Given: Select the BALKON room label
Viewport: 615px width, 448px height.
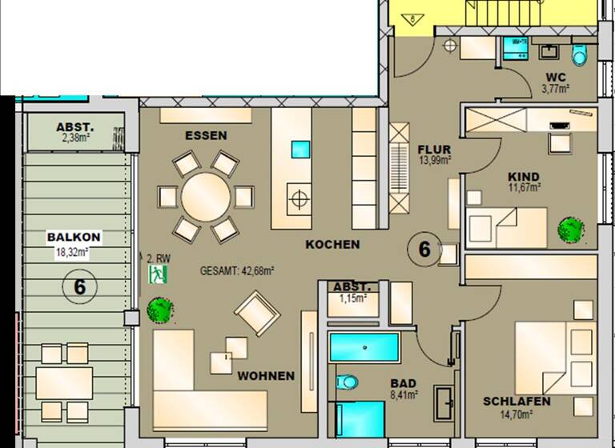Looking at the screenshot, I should point(73,237).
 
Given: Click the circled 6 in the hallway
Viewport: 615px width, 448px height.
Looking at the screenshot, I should point(424,250).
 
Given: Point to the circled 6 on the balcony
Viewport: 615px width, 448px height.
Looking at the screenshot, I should point(79,286).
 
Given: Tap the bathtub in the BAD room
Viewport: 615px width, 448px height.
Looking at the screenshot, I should point(364,348).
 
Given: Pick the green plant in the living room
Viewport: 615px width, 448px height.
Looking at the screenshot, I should point(158,310).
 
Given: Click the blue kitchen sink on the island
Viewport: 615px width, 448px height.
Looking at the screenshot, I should point(300,150).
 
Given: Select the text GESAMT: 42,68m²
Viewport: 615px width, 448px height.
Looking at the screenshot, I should point(237,271).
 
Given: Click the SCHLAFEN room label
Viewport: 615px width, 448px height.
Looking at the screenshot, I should point(517,401).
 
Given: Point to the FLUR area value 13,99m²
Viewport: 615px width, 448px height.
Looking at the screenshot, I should point(435,160).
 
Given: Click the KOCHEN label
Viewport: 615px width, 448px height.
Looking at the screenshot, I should point(332,245).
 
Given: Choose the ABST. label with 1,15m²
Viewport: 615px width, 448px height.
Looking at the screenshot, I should point(352,286).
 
